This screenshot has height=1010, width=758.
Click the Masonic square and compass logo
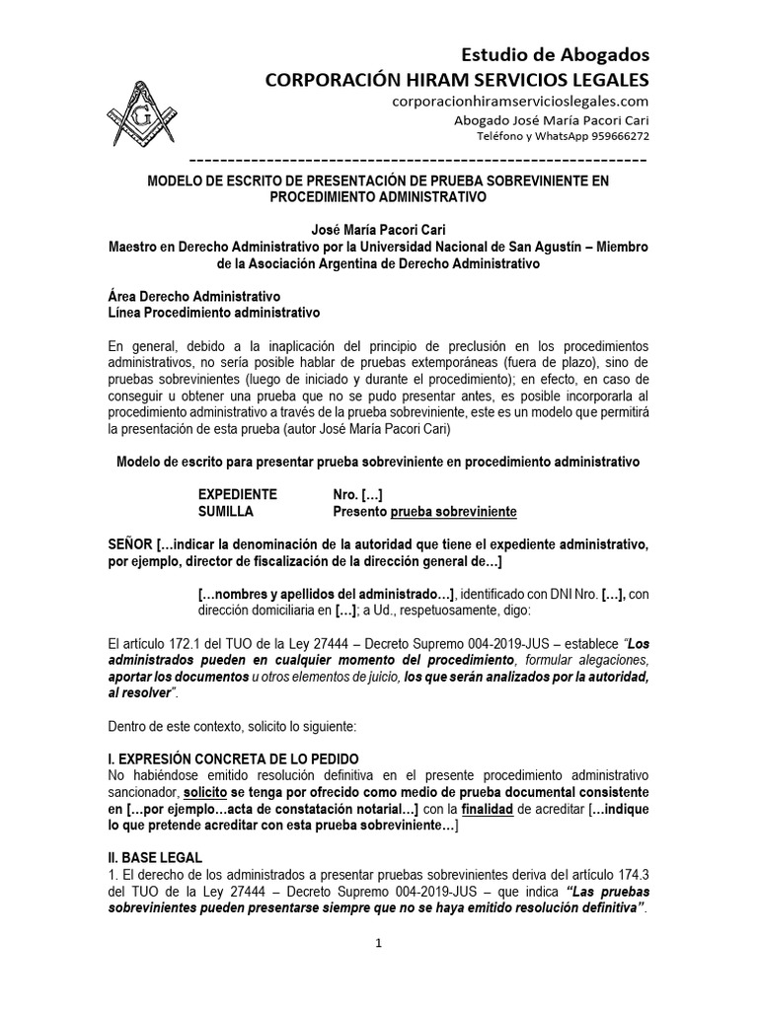(143, 108)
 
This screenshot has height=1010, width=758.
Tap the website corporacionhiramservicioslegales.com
(519, 101)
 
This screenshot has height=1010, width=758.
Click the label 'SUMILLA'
(226, 511)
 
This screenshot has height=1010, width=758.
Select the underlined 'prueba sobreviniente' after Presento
(453, 511)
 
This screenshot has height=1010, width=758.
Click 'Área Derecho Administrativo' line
(192, 296)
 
